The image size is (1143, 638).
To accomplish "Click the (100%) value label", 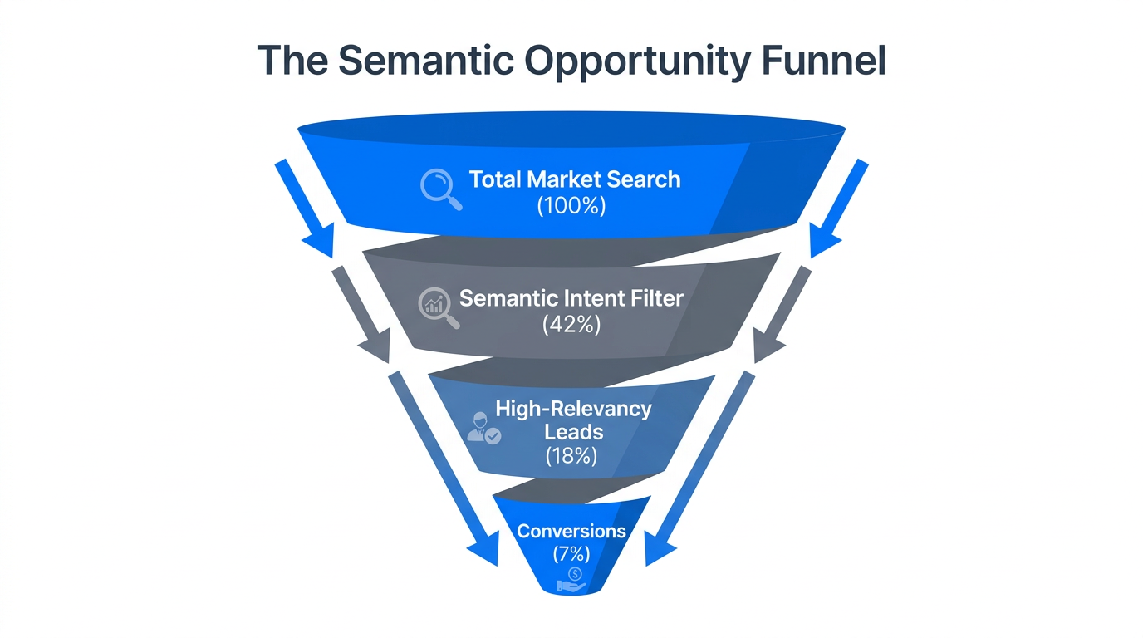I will point(571,205).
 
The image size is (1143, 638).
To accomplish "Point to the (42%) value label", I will point(571,325).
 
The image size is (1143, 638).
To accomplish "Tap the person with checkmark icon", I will point(483,428).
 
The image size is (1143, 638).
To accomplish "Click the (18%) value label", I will point(571,455).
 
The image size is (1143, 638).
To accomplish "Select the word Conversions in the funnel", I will point(571,530).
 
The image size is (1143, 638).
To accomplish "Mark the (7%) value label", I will point(571,553).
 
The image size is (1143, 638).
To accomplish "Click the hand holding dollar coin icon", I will point(572,581).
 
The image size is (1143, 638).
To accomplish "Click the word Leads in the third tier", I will point(572,432).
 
